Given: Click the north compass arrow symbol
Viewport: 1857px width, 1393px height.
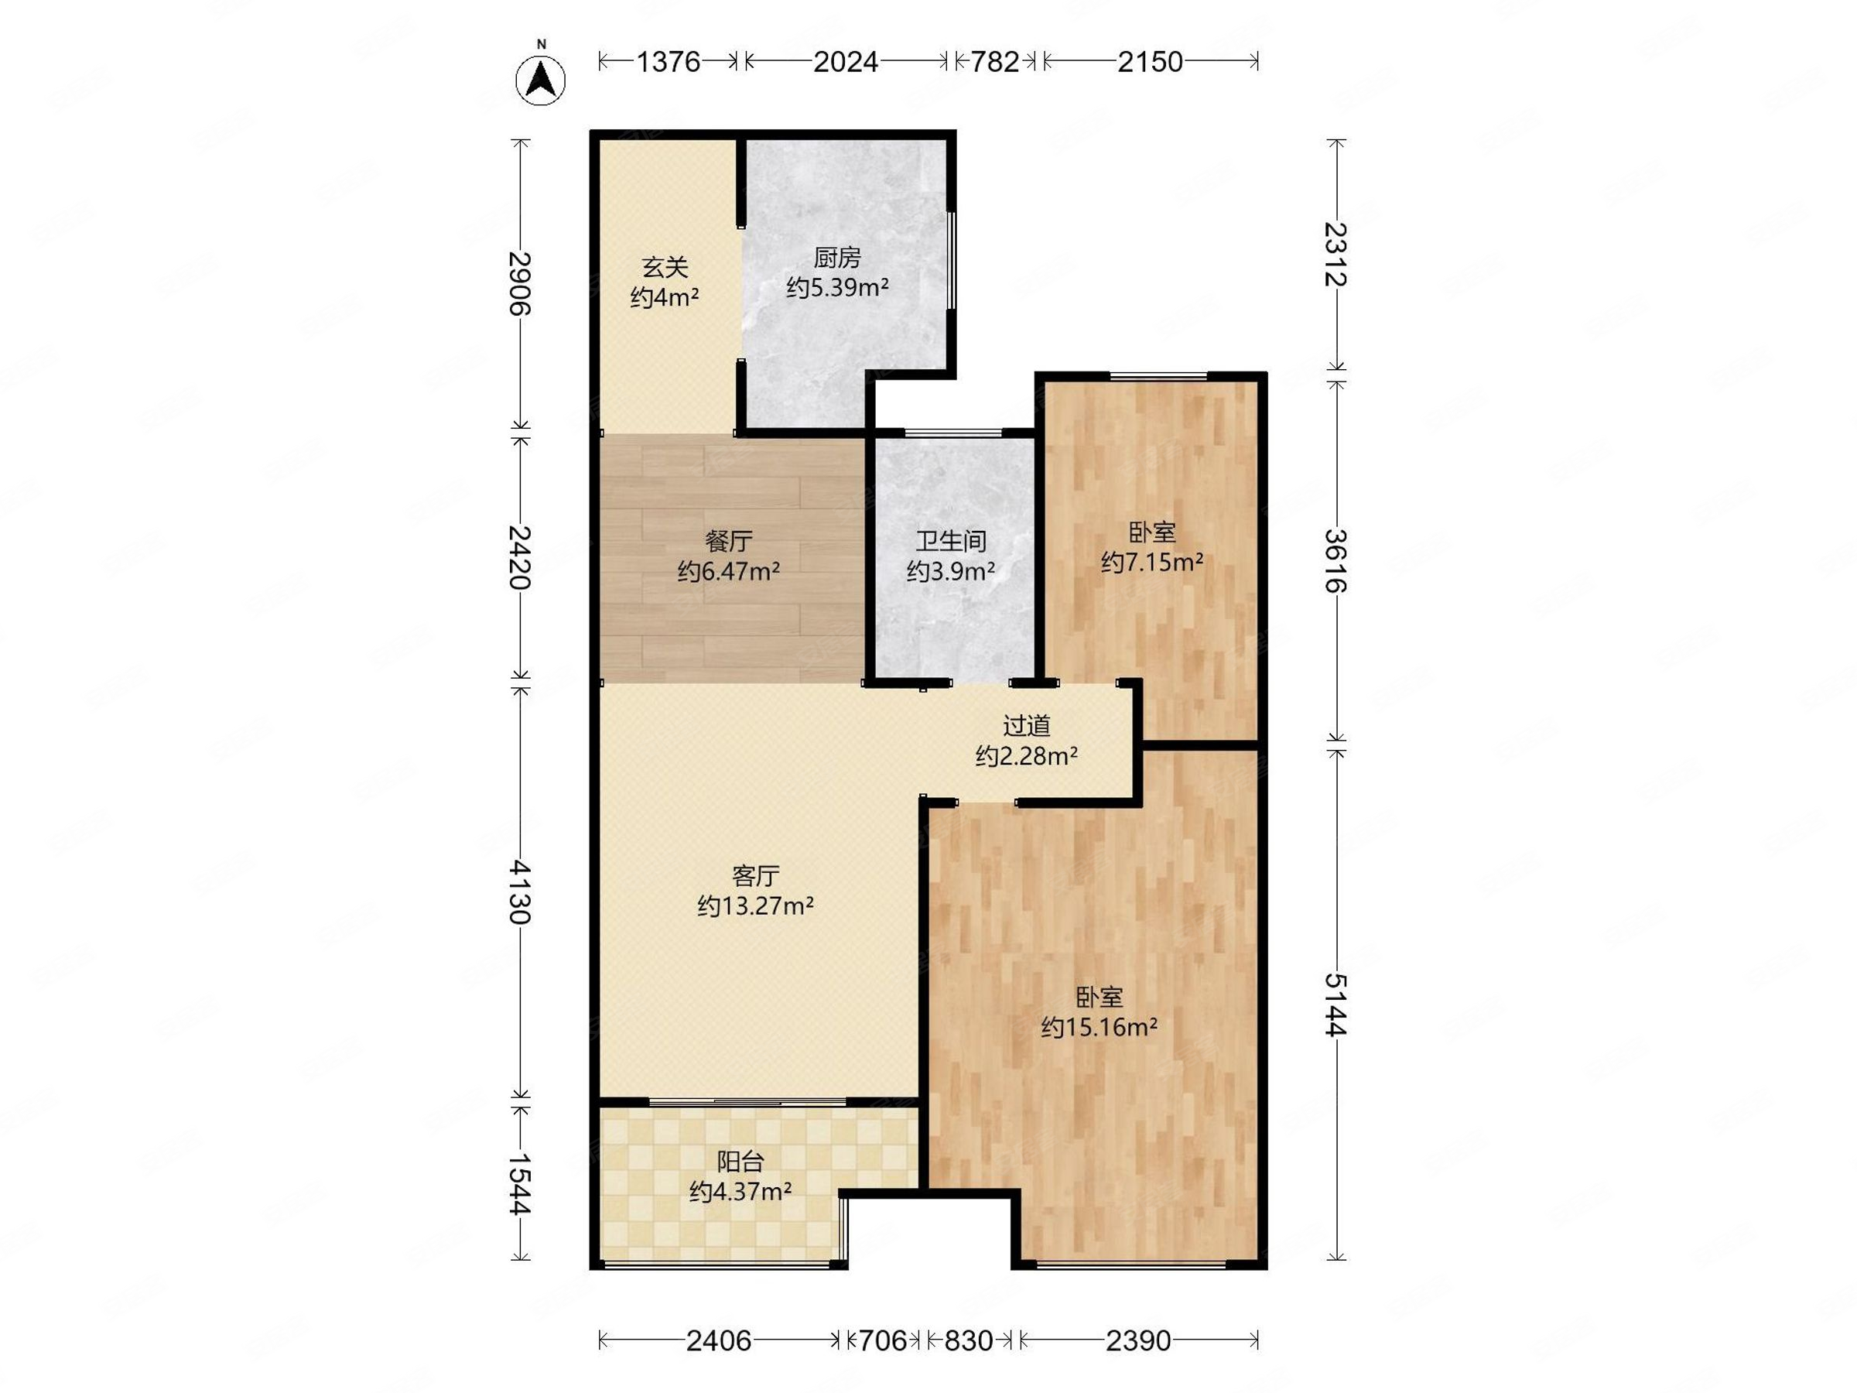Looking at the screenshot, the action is click(x=541, y=80).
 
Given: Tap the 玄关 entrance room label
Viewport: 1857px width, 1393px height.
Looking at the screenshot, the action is click(x=665, y=268).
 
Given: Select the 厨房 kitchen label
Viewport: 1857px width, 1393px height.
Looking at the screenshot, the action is click(x=837, y=258).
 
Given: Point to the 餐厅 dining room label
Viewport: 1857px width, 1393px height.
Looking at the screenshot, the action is click(x=729, y=541).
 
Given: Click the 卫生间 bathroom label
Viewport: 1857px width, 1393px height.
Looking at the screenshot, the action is click(x=950, y=541).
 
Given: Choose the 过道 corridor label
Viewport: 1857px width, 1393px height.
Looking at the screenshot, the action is click(x=1027, y=725).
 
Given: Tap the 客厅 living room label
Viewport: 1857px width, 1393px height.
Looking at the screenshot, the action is click(x=755, y=876).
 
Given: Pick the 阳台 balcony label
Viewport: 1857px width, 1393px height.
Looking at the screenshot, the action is click(x=740, y=1162).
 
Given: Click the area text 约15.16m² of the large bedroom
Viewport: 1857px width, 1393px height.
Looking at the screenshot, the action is click(x=1099, y=1027).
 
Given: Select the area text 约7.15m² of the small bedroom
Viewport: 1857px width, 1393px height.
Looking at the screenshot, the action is click(x=1152, y=562).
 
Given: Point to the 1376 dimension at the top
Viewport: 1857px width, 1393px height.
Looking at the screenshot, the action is click(x=669, y=61).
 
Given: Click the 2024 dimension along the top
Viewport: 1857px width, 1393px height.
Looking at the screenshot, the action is click(x=846, y=61).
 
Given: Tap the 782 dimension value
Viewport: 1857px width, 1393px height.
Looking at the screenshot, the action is click(x=995, y=61).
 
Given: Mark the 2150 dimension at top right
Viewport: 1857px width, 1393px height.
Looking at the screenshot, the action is click(x=1150, y=61).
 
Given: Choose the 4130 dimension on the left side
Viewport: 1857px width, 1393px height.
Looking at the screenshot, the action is click(x=521, y=891).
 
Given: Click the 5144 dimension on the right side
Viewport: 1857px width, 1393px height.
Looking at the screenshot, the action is click(x=1335, y=1005).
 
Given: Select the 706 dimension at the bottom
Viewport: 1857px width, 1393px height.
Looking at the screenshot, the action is click(x=882, y=1341).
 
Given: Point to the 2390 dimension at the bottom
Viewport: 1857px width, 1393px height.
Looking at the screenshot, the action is click(x=1138, y=1341).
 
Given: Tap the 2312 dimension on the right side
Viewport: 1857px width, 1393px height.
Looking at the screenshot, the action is click(x=1335, y=255).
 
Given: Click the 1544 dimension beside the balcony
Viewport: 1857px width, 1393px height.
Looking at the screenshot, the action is click(x=521, y=1184).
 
